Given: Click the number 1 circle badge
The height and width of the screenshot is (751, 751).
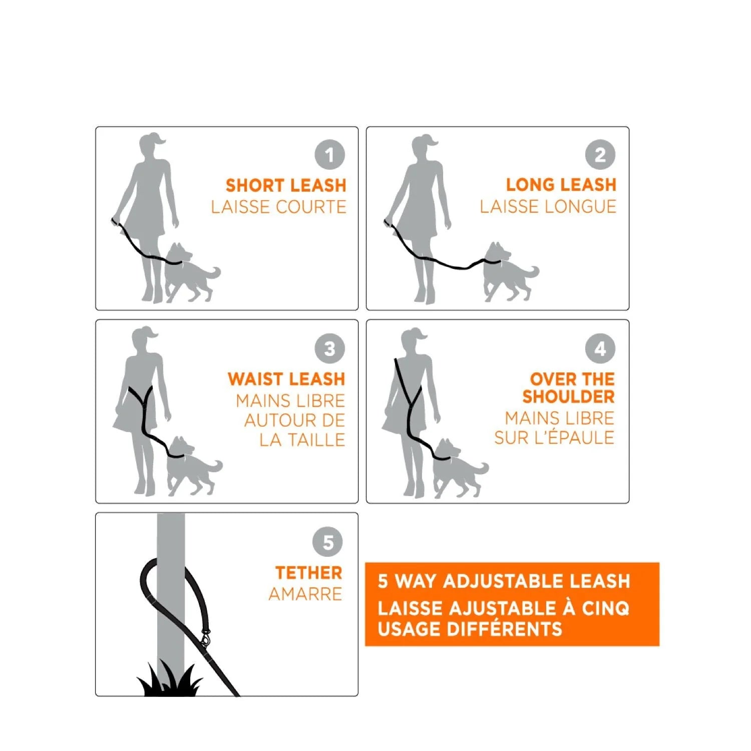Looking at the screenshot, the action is (329, 155).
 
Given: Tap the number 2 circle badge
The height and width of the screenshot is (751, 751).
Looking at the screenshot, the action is (600, 155).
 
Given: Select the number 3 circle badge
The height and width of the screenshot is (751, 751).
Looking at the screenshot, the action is (329, 348).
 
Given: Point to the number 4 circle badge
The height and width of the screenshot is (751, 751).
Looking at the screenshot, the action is (600, 348).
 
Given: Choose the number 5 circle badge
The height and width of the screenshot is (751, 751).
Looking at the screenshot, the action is (327, 542).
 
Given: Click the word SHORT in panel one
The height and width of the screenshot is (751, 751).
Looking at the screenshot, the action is (255, 186).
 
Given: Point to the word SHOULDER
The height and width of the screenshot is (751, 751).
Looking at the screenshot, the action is (568, 397).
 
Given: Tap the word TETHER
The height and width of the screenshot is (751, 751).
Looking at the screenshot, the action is (308, 573).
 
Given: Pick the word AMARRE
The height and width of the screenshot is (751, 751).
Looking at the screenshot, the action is (305, 594).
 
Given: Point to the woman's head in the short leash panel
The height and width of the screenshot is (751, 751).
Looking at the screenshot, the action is (152, 145).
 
